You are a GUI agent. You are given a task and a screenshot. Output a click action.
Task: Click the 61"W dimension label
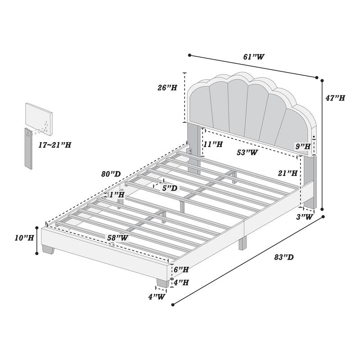click(254, 57)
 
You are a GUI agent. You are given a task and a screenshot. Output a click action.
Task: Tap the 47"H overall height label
click(336, 98)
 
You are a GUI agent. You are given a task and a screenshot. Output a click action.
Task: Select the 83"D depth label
click(284, 257)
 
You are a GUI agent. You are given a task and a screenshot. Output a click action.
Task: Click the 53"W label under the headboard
click(247, 153)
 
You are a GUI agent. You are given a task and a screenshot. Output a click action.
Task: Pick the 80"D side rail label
click(110, 174)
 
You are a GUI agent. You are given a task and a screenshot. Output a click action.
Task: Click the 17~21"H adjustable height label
click(54, 145)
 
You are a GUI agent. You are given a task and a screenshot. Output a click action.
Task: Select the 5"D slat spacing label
click(170, 188)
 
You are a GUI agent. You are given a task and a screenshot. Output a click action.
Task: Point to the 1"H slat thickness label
click(117, 195)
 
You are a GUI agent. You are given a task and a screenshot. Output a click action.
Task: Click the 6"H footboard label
click(181, 269)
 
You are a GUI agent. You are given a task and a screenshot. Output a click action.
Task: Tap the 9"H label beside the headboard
click(303, 146)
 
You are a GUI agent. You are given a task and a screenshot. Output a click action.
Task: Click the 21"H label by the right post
click(288, 173)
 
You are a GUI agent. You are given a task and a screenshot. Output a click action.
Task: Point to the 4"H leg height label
click(181, 283)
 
